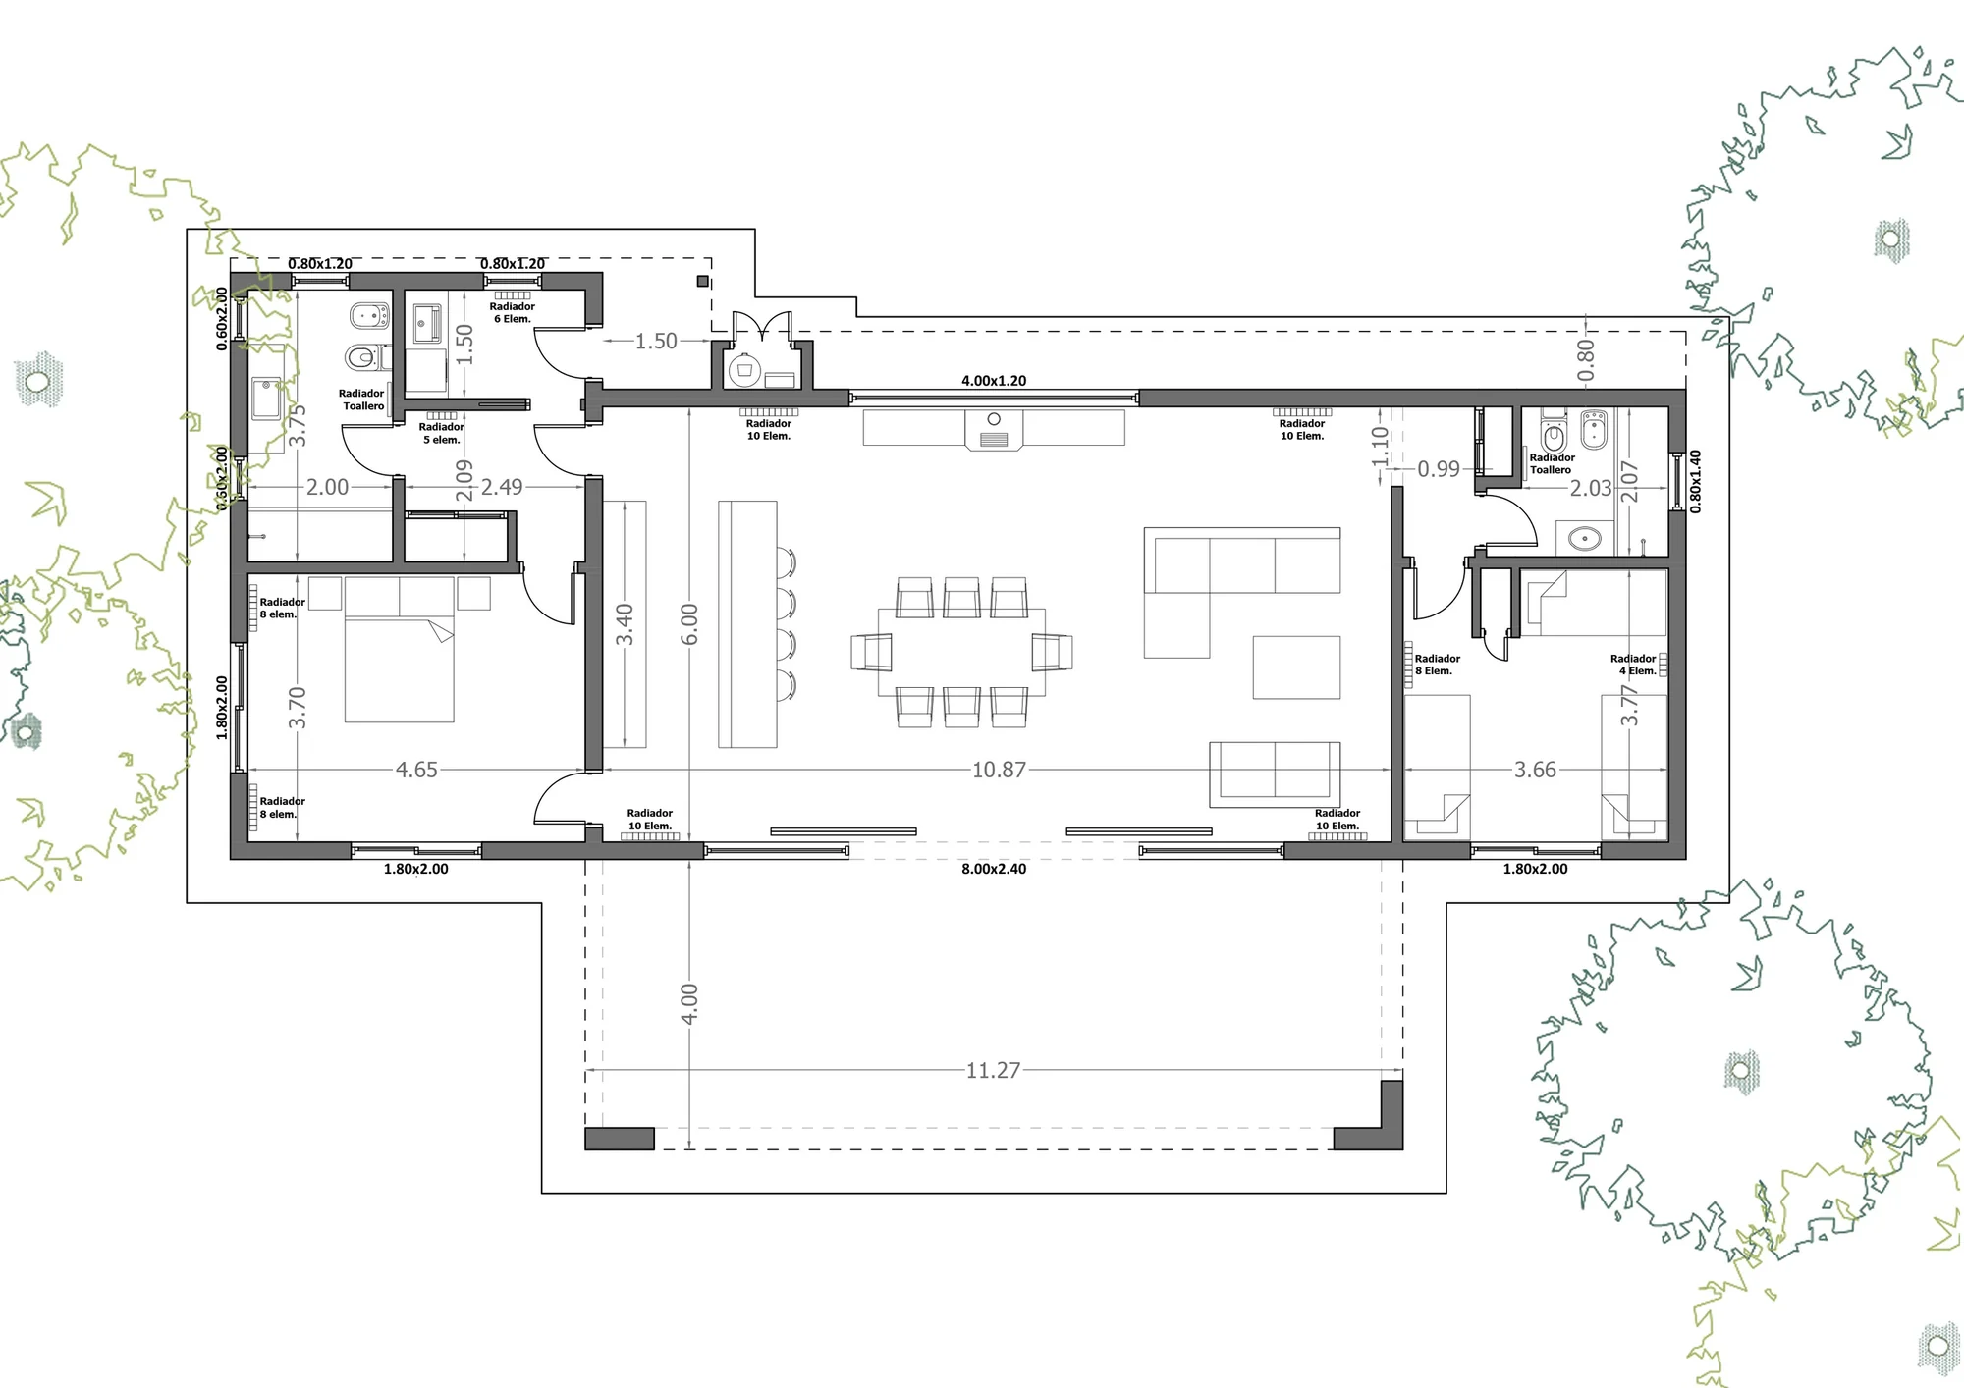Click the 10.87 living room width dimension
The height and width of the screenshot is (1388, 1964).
[999, 770]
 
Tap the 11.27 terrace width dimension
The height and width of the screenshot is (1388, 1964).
[993, 1070]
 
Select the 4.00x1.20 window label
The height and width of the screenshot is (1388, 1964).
[994, 381]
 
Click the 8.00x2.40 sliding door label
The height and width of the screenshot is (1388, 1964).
[994, 869]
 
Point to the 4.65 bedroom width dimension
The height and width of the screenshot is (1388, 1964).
[416, 770]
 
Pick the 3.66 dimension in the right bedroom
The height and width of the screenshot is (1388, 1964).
[1535, 770]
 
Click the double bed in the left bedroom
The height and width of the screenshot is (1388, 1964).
[400, 649]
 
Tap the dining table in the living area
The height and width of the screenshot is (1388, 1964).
[961, 652]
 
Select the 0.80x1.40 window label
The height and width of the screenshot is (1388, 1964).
[1695, 481]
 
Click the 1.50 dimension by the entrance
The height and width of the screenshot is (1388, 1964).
[656, 342]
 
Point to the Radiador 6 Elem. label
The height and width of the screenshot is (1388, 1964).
[513, 312]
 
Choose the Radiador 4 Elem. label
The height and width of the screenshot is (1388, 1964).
[1633, 665]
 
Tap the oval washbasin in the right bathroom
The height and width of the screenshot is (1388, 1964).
[1585, 538]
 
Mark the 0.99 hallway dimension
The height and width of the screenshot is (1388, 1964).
[1439, 469]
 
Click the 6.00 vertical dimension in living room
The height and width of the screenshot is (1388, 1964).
[689, 624]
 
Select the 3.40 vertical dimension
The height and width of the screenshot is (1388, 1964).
[625, 624]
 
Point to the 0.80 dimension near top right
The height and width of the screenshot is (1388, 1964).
[1586, 360]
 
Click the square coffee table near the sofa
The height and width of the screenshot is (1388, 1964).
[1296, 667]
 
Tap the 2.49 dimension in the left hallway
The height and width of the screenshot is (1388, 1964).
[502, 487]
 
